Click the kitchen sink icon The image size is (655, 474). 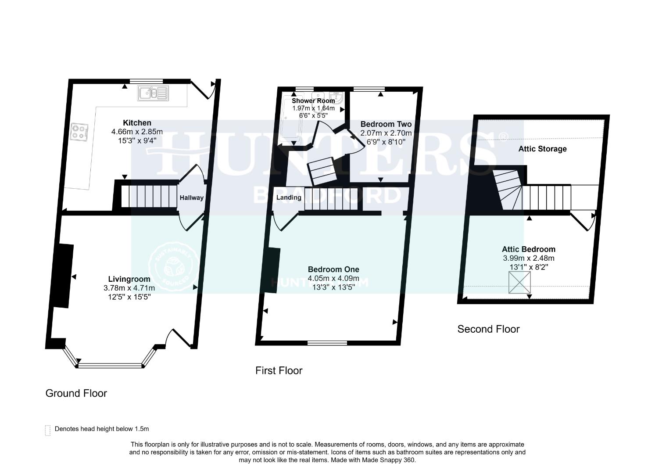click(x=153, y=93)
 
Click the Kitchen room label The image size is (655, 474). click(x=137, y=123)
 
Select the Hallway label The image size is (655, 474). click(x=192, y=197)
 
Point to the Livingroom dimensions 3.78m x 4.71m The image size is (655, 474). click(x=129, y=288)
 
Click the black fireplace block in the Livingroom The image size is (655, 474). click(x=63, y=276)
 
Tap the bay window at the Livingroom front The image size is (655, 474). click(x=110, y=364)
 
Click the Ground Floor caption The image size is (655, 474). click(x=76, y=393)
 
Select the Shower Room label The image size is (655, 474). click(x=313, y=101)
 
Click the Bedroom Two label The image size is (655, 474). click(x=386, y=124)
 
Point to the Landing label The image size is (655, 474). click(x=289, y=197)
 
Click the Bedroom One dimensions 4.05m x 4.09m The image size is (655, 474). click(x=333, y=278)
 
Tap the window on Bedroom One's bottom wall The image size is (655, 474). click(x=327, y=343)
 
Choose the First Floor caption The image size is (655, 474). click(x=279, y=371)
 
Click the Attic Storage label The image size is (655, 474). click(x=542, y=149)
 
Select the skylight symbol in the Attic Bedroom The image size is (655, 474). click(x=519, y=282)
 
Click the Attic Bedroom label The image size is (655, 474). click(x=529, y=249)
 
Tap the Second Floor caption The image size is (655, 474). click(x=488, y=329)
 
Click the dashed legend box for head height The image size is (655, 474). click(x=48, y=431)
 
